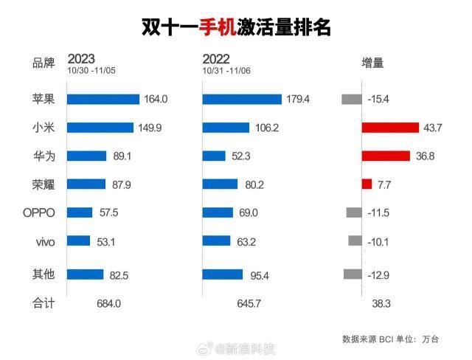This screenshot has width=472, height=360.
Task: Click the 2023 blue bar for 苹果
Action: point(103,99)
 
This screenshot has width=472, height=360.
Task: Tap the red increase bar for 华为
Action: point(385,156)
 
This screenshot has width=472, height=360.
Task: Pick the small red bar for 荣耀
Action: point(367,184)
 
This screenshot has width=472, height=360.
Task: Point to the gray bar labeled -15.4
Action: point(351,99)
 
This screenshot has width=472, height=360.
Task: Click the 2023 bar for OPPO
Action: point(80,212)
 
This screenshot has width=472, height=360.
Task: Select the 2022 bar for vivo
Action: point(216,240)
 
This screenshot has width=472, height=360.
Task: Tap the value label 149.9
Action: point(150,128)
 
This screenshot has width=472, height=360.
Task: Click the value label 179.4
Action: point(299,99)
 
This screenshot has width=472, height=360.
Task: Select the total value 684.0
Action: point(108,303)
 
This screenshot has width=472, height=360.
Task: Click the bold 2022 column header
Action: point(216,58)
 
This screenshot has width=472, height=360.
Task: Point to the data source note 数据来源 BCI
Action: point(369,339)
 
